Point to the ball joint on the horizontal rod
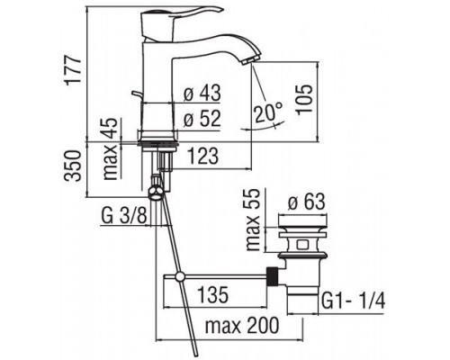(x=181, y=275)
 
